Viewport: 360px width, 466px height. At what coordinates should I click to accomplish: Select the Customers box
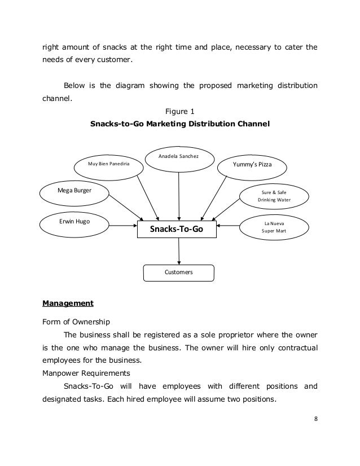click(x=179, y=272)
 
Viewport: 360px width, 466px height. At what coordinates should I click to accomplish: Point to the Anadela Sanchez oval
click(x=178, y=156)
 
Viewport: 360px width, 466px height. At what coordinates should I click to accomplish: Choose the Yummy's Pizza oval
click(x=252, y=164)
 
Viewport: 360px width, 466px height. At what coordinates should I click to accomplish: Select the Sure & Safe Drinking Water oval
click(x=275, y=196)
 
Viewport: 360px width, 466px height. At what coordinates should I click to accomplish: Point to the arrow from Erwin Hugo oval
click(x=124, y=225)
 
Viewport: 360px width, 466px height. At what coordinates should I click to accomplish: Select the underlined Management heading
click(x=68, y=304)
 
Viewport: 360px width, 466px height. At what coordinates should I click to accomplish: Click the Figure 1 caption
click(x=178, y=111)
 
